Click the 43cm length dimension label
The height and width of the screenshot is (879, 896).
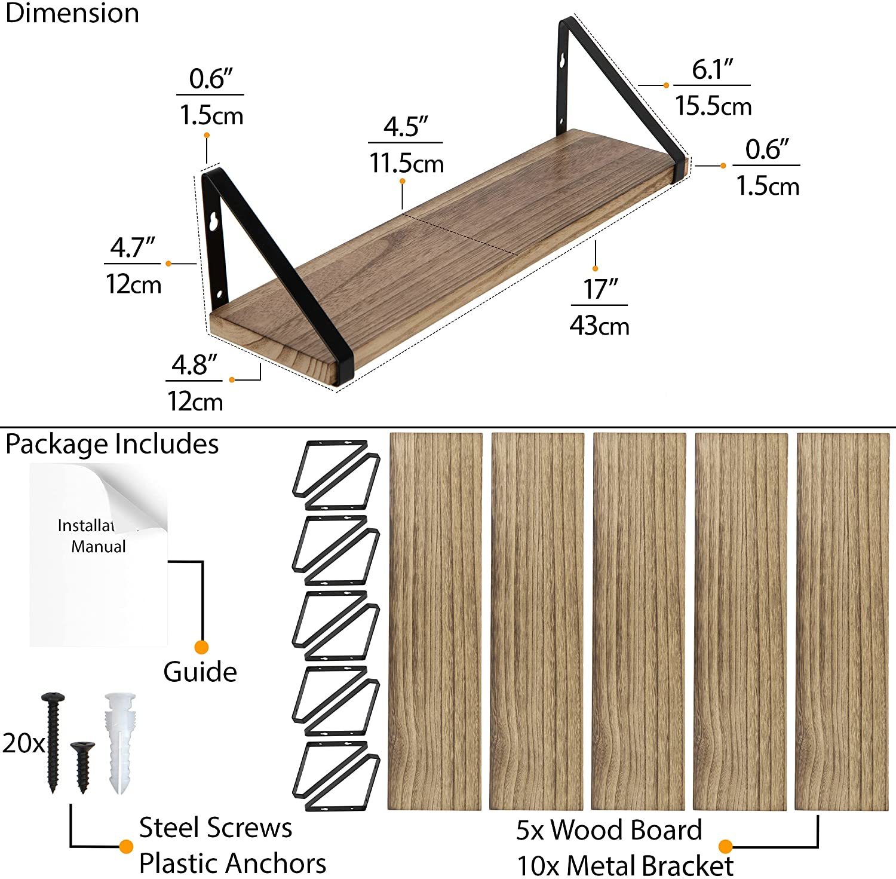(x=599, y=326)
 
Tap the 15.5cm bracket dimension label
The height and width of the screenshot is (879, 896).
(x=713, y=106)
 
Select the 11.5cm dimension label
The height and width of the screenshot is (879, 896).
(x=406, y=163)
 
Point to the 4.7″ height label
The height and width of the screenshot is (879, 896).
(x=133, y=247)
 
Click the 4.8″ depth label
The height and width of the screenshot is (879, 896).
(x=194, y=365)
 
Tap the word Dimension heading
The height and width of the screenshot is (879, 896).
(x=72, y=13)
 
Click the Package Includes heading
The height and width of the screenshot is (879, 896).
(x=112, y=445)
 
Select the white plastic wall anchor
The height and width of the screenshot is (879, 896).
(x=120, y=743)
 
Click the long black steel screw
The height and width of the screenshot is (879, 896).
(x=53, y=743)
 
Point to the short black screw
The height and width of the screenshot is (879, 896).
(x=82, y=767)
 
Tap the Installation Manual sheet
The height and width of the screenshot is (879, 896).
(x=99, y=555)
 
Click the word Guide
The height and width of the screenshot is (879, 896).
(x=200, y=672)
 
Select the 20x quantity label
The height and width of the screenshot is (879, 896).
(x=23, y=743)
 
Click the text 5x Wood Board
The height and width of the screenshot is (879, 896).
(x=609, y=830)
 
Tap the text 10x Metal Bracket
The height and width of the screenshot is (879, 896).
(x=625, y=865)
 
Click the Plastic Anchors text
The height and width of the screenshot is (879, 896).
(x=232, y=863)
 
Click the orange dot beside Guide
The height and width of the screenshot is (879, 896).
(x=202, y=647)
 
